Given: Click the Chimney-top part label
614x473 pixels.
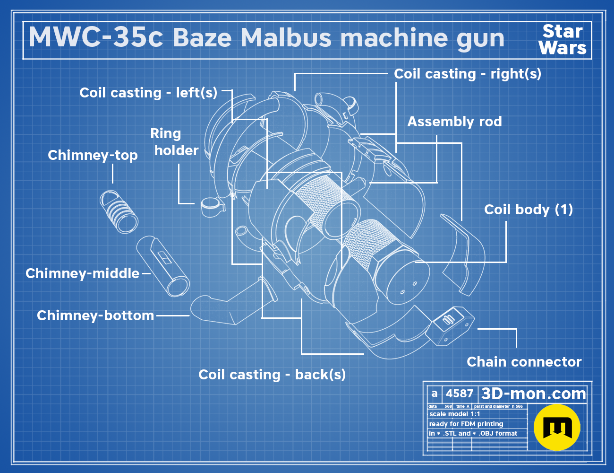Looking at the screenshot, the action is tap(93, 155).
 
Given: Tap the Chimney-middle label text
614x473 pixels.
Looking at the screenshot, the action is tap(82, 273).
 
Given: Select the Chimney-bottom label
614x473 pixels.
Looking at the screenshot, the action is tap(95, 315).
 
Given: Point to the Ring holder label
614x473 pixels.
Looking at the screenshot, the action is tap(174, 142).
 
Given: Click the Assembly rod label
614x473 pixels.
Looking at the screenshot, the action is tap(454, 122).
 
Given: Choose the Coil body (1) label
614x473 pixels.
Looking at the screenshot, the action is tap(529, 210).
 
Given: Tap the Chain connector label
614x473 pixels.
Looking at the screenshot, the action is tap(524, 362).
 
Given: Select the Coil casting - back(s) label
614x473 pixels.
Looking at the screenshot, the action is tap(272, 375).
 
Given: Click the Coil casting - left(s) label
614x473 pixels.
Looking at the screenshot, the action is tap(148, 93).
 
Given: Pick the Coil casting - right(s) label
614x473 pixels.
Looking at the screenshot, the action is tap(468, 74).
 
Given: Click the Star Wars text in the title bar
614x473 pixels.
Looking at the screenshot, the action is tap(563, 40).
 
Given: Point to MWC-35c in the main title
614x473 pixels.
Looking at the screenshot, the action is tap(96, 37).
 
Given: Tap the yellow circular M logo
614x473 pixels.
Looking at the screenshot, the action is tap(557, 427).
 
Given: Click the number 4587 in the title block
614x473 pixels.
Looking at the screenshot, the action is tap(459, 394).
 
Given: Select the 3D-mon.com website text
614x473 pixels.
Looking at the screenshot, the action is tap(533, 394).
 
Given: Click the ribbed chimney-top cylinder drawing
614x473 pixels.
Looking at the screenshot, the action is tap(119, 211).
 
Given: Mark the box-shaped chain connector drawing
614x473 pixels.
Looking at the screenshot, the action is tap(449, 326).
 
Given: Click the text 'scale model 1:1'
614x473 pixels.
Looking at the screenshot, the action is tap(455, 414).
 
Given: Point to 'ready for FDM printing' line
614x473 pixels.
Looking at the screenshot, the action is tap(466, 424).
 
